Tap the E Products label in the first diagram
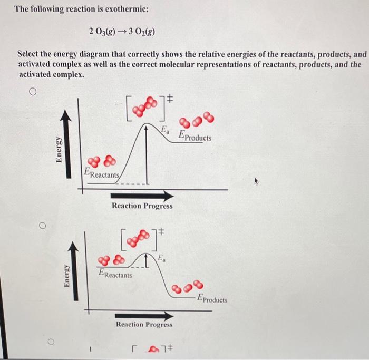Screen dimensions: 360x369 pos(195,137)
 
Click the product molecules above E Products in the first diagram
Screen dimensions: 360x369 pos(198,119)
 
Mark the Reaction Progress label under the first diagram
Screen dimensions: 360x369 pos(142,206)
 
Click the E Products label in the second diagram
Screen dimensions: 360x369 pos(212,299)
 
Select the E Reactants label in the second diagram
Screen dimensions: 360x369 pos(115,273)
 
